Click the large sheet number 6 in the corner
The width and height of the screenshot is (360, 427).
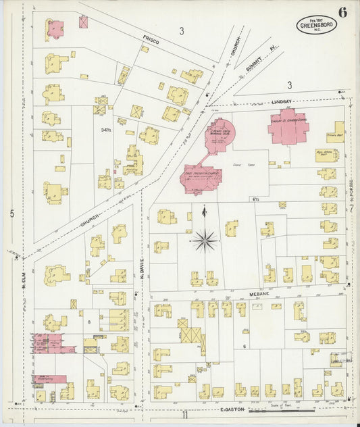(343, 12)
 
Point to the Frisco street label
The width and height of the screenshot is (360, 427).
(151, 41)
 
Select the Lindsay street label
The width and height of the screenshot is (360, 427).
(282, 101)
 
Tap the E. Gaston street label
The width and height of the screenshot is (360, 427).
(230, 409)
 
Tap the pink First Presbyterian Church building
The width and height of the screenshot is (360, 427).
(200, 178)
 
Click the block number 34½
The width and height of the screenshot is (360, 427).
(105, 130)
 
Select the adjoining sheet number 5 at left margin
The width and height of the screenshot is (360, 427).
(11, 214)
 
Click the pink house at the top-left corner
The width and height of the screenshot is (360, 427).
(55, 29)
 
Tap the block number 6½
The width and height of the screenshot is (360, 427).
(256, 199)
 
